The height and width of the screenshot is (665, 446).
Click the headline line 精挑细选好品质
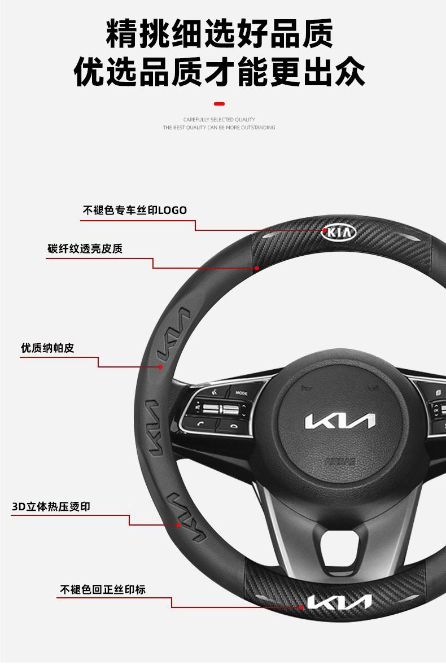(x=220, y=34)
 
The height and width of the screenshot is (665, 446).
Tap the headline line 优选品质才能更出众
(x=220, y=73)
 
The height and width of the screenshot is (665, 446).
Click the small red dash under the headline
(x=220, y=104)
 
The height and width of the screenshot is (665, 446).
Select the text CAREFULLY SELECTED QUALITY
(x=219, y=120)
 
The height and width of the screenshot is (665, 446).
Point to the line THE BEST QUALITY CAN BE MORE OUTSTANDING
(x=219, y=128)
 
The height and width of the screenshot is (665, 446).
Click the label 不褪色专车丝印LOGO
(x=135, y=211)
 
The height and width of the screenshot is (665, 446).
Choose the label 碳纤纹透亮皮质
(x=85, y=249)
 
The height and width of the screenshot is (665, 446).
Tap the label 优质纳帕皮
(x=47, y=348)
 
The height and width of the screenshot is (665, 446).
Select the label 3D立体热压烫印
(x=51, y=506)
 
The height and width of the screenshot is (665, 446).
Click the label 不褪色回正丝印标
(x=103, y=589)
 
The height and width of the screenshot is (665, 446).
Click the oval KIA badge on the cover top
(x=339, y=232)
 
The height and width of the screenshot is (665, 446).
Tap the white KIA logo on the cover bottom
(x=339, y=602)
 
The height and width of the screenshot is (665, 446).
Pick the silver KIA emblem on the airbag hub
(x=339, y=422)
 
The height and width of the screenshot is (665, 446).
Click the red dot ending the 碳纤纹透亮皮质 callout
(x=256, y=268)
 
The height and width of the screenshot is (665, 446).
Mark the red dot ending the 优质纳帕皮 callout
(x=160, y=367)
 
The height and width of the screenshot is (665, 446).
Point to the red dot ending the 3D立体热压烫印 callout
(x=178, y=525)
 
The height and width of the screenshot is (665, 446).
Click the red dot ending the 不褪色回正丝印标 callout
(x=301, y=607)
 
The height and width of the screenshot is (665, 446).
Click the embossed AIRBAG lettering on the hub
(x=340, y=461)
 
